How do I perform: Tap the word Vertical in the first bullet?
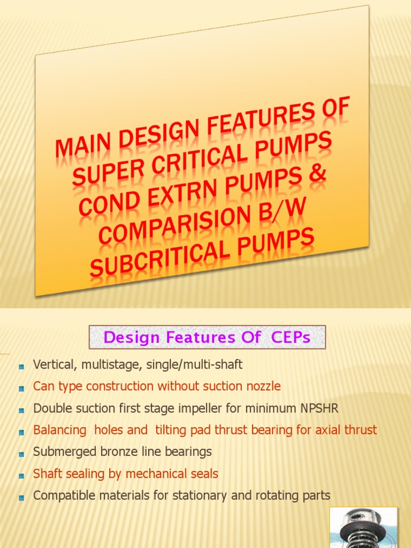point(52,365)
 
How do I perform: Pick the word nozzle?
point(261,386)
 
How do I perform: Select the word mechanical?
point(161,474)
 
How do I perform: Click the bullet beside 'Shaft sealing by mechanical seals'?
point(21,475)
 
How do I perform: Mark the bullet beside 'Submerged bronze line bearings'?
point(21,453)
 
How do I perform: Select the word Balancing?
point(59,430)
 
